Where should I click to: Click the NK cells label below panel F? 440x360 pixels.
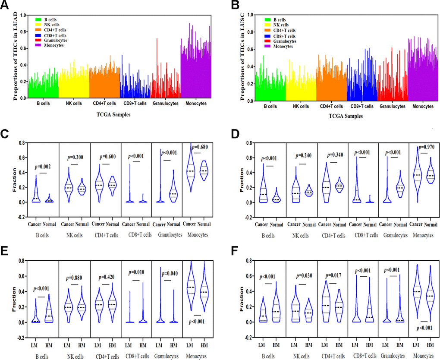300,356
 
